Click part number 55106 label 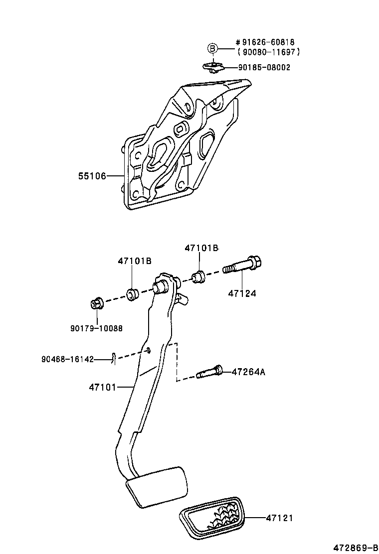pos(92,176)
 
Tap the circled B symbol pos(212,48)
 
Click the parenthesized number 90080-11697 pos(269,52)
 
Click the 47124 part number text pos(242,293)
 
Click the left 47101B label pos(135,261)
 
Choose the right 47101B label pos(201,248)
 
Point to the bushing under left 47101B pos(132,294)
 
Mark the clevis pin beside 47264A pos(209,372)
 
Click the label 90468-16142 pos(68,359)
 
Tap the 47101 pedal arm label pos(102,387)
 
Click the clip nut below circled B pos(213,67)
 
